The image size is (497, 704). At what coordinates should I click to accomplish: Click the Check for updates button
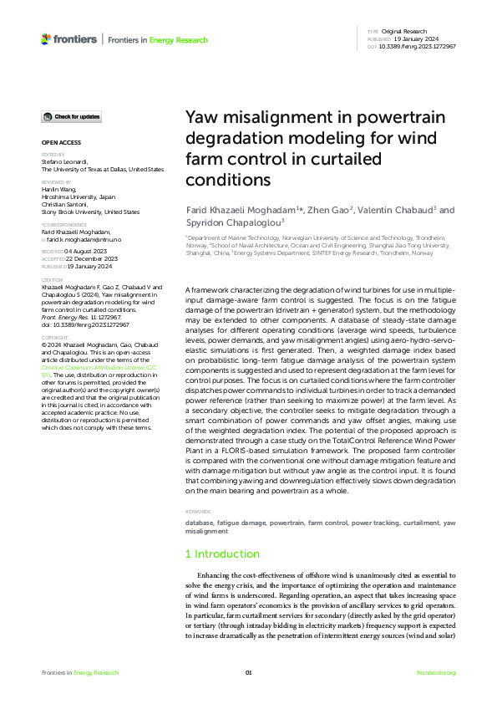coord(72,116)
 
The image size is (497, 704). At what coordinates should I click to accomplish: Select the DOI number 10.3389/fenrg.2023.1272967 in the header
coord(418,46)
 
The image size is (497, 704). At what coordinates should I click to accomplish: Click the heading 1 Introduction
coord(221,554)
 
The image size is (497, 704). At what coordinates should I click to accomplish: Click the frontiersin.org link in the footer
coord(435,673)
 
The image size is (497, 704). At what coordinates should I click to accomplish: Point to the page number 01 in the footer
coord(248,673)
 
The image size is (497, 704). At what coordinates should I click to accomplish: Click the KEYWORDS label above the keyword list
coord(198,512)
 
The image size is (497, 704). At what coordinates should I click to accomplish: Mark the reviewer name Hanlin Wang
coord(58,188)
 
